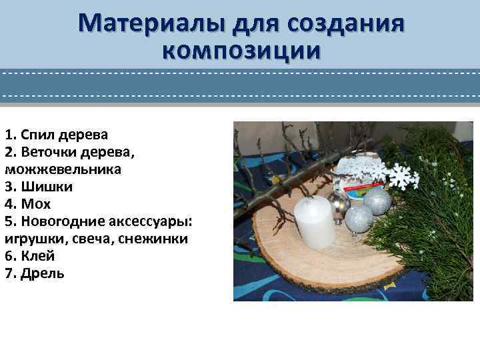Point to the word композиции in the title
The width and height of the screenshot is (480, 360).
click(241, 51)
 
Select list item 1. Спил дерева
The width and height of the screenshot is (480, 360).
click(56, 135)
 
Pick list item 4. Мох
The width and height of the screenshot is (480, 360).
click(27, 204)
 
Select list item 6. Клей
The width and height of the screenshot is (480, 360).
click(30, 256)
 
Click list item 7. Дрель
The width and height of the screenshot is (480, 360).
click(35, 273)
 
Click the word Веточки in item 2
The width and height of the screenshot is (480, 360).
click(45, 152)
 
